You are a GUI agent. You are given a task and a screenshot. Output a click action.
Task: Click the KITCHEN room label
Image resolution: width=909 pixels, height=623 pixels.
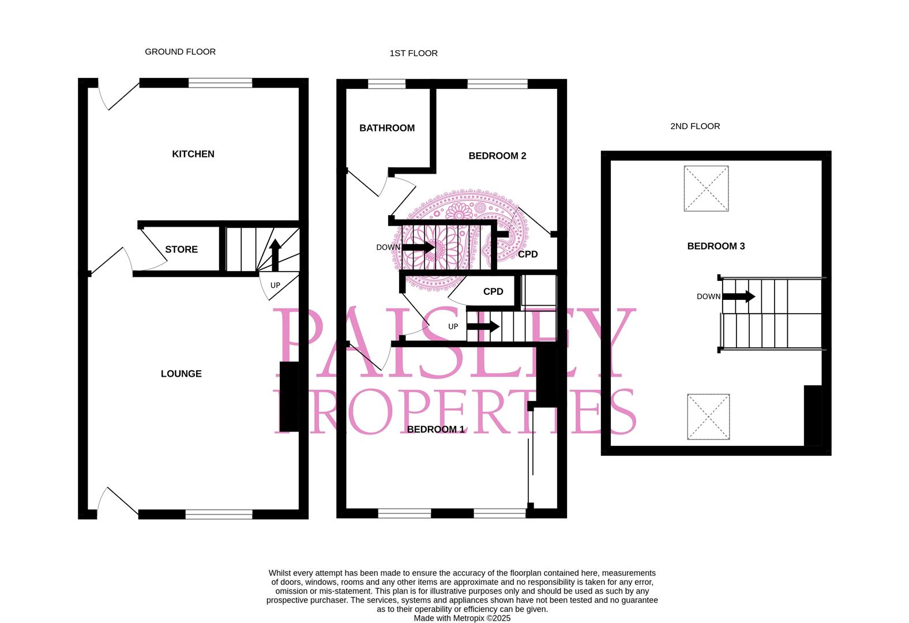pyautogui.click(x=193, y=154)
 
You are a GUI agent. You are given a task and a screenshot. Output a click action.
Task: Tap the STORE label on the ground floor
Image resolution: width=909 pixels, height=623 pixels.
pyautogui.click(x=181, y=249)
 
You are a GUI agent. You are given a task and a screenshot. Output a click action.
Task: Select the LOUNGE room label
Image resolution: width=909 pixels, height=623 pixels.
pyautogui.click(x=181, y=374)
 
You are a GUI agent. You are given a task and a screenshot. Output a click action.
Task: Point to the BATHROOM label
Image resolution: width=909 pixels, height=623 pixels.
pyautogui.click(x=386, y=128)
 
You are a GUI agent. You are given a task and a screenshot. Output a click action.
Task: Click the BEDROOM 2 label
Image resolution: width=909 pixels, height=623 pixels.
pyautogui.click(x=497, y=156)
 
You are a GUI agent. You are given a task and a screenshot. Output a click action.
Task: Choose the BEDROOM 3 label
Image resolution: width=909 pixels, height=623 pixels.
pyautogui.click(x=716, y=246)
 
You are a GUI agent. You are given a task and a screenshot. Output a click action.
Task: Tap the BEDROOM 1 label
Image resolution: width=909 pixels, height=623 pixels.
pyautogui.click(x=435, y=429)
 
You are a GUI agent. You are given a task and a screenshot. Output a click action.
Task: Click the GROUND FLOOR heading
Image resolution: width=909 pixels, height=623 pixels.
pyautogui.click(x=180, y=52)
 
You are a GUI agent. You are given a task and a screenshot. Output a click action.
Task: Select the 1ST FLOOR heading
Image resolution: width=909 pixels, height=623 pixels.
pyautogui.click(x=414, y=54)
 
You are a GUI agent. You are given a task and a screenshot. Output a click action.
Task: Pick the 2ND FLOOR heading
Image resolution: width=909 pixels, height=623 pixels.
pyautogui.click(x=695, y=126)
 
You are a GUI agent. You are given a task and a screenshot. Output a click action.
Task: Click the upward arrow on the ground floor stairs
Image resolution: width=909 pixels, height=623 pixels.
pyautogui.click(x=275, y=254)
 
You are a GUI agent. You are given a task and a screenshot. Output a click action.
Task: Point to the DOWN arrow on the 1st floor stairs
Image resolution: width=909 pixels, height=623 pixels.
pyautogui.click(x=419, y=247)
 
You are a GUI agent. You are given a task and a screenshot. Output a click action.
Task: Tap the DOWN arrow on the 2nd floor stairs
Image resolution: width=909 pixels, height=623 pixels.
pyautogui.click(x=739, y=297)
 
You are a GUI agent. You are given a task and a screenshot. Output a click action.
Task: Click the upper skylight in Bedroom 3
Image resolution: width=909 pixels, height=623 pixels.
pyautogui.click(x=706, y=189)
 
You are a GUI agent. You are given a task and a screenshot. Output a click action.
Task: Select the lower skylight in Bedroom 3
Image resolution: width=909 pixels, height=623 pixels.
pyautogui.click(x=708, y=417)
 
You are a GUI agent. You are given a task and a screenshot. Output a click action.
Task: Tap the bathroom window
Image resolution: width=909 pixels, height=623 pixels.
pyautogui.click(x=386, y=84)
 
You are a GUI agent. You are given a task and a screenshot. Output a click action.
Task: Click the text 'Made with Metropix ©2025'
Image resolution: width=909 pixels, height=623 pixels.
pyautogui.click(x=462, y=618)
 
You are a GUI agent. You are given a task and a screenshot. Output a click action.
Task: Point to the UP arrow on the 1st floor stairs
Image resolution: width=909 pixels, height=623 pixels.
pyautogui.click(x=483, y=326)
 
